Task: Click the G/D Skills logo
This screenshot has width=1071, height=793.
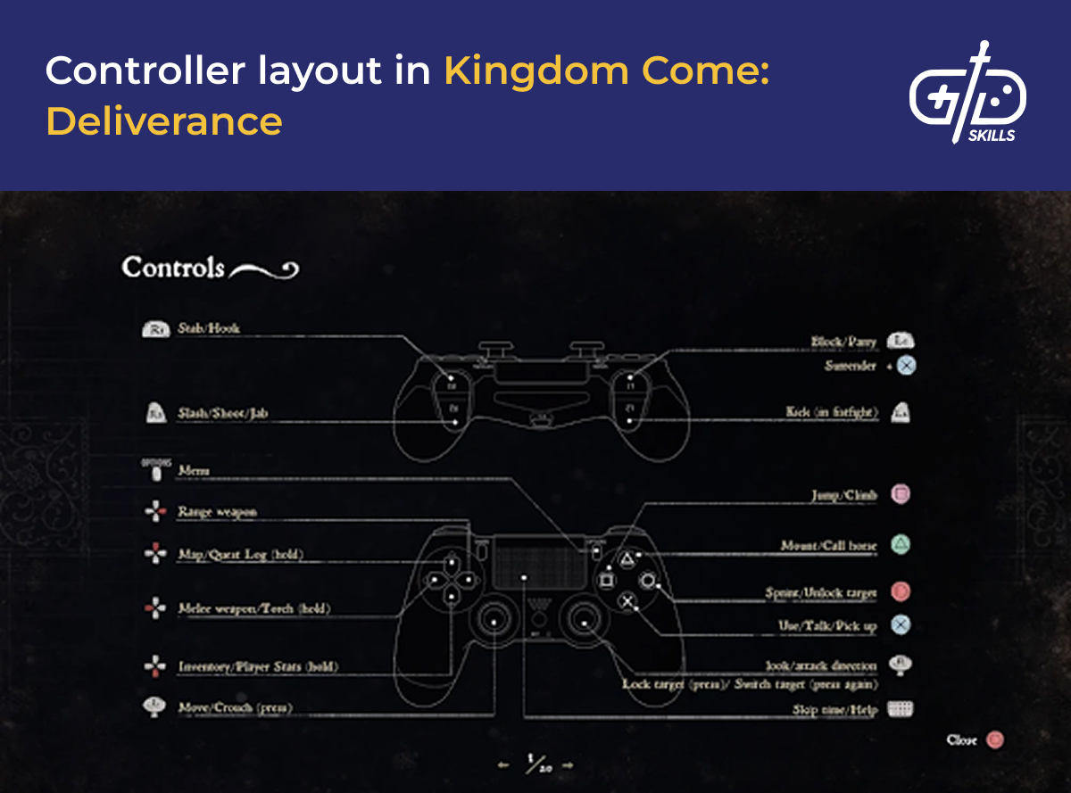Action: (967, 93)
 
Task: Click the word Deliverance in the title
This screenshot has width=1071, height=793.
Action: (164, 120)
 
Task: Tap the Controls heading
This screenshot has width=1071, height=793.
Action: (173, 268)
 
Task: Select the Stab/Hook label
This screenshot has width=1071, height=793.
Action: (209, 328)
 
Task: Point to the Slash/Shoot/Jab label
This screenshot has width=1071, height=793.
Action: (223, 413)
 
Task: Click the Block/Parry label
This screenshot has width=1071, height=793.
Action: (843, 342)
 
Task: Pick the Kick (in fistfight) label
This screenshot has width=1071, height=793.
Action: (833, 412)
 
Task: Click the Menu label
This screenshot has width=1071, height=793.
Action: (194, 470)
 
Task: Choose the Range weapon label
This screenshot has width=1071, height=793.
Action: (217, 512)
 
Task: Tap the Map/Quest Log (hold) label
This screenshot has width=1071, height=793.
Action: (241, 555)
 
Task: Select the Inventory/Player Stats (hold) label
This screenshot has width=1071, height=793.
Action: (258, 666)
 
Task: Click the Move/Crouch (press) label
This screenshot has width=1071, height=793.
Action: (235, 708)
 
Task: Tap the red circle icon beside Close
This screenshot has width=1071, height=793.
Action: (995, 739)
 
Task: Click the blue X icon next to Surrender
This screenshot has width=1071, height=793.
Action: (906, 366)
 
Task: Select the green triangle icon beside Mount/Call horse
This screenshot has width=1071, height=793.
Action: (901, 544)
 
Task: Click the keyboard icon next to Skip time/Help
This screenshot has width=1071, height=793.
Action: (901, 710)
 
